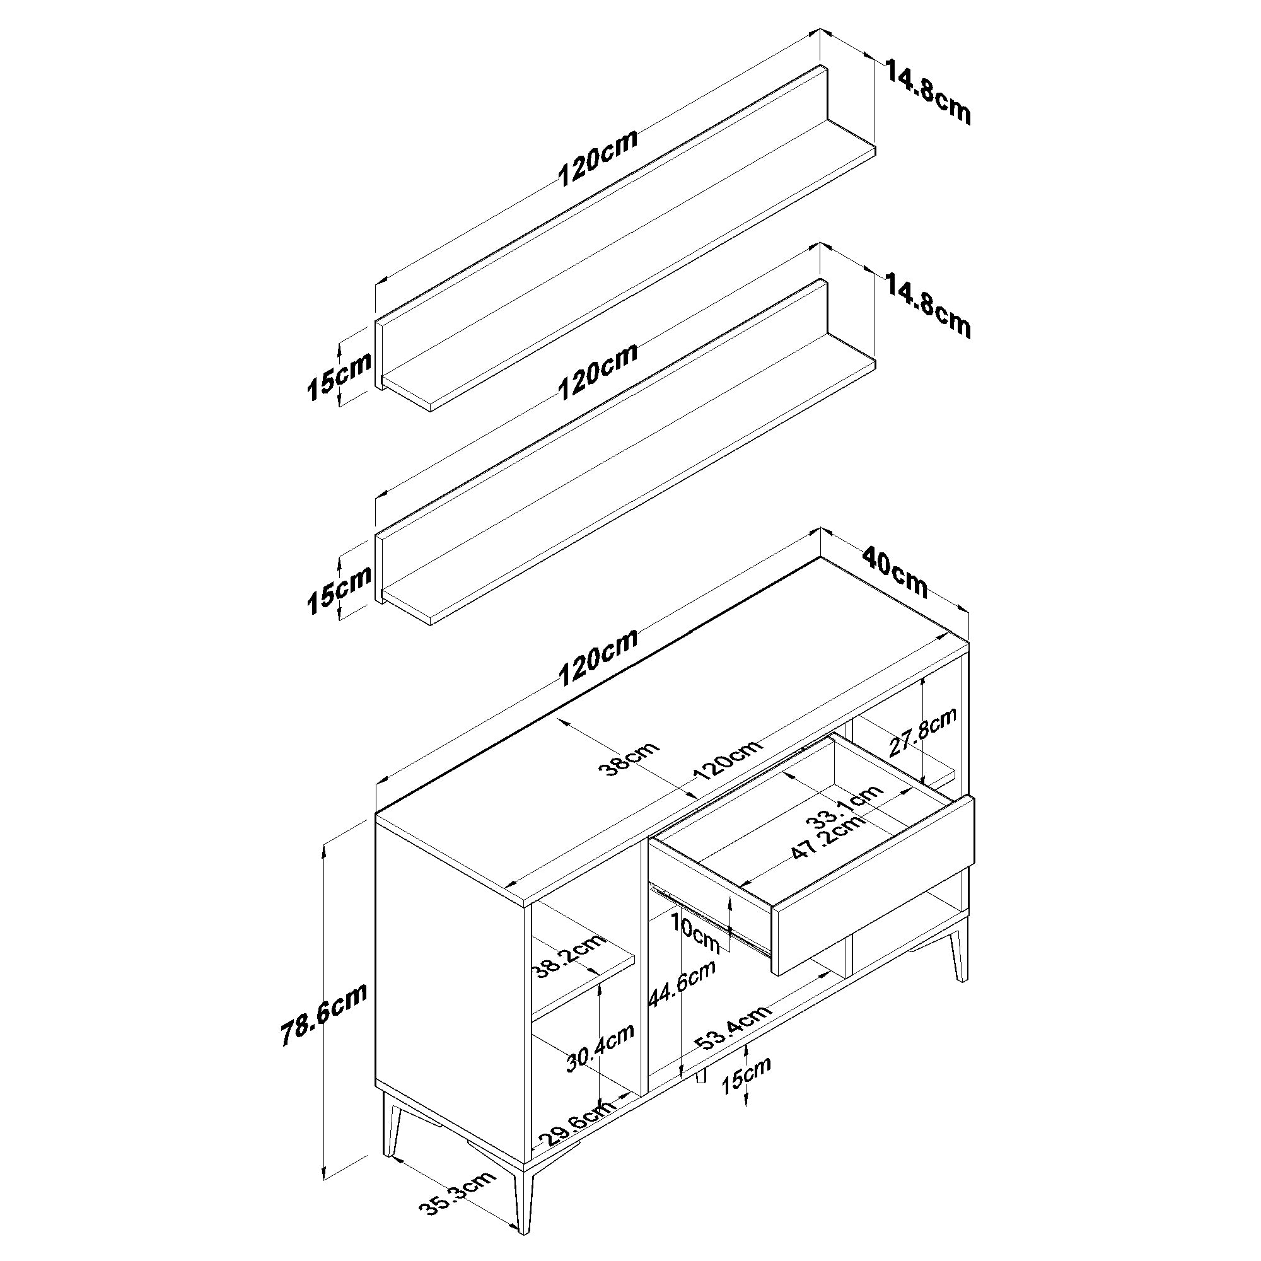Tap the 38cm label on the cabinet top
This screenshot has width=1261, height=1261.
point(629,758)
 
